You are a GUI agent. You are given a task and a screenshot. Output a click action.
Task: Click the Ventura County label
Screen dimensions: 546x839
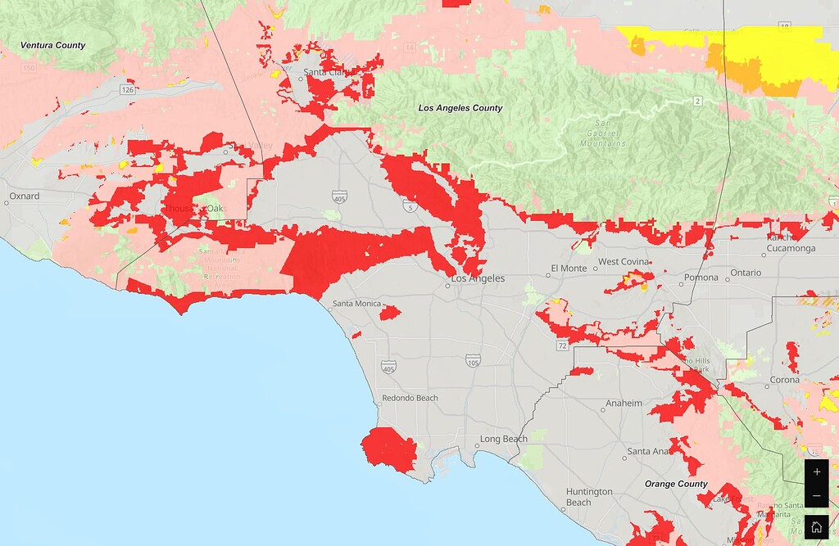[53, 45]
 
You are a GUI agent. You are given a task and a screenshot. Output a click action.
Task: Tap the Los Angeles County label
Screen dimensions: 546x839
[460, 108]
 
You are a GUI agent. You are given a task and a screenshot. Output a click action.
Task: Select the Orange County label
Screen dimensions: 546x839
[676, 484]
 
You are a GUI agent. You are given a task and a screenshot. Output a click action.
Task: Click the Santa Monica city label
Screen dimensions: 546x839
[356, 304]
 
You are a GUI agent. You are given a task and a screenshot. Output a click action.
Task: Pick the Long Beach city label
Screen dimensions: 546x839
[504, 440]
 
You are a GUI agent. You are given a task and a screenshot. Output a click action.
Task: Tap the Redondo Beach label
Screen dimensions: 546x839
[410, 399]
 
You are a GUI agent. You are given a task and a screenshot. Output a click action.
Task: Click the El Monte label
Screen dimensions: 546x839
[569, 268]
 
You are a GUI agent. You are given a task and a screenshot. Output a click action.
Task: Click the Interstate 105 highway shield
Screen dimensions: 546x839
[473, 361]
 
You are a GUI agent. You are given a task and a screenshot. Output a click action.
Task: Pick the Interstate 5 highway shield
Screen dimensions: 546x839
[408, 209]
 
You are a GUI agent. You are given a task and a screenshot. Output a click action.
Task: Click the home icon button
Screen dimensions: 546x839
[816, 527]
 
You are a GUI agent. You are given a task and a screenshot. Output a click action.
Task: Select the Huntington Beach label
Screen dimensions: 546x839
[589, 497]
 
